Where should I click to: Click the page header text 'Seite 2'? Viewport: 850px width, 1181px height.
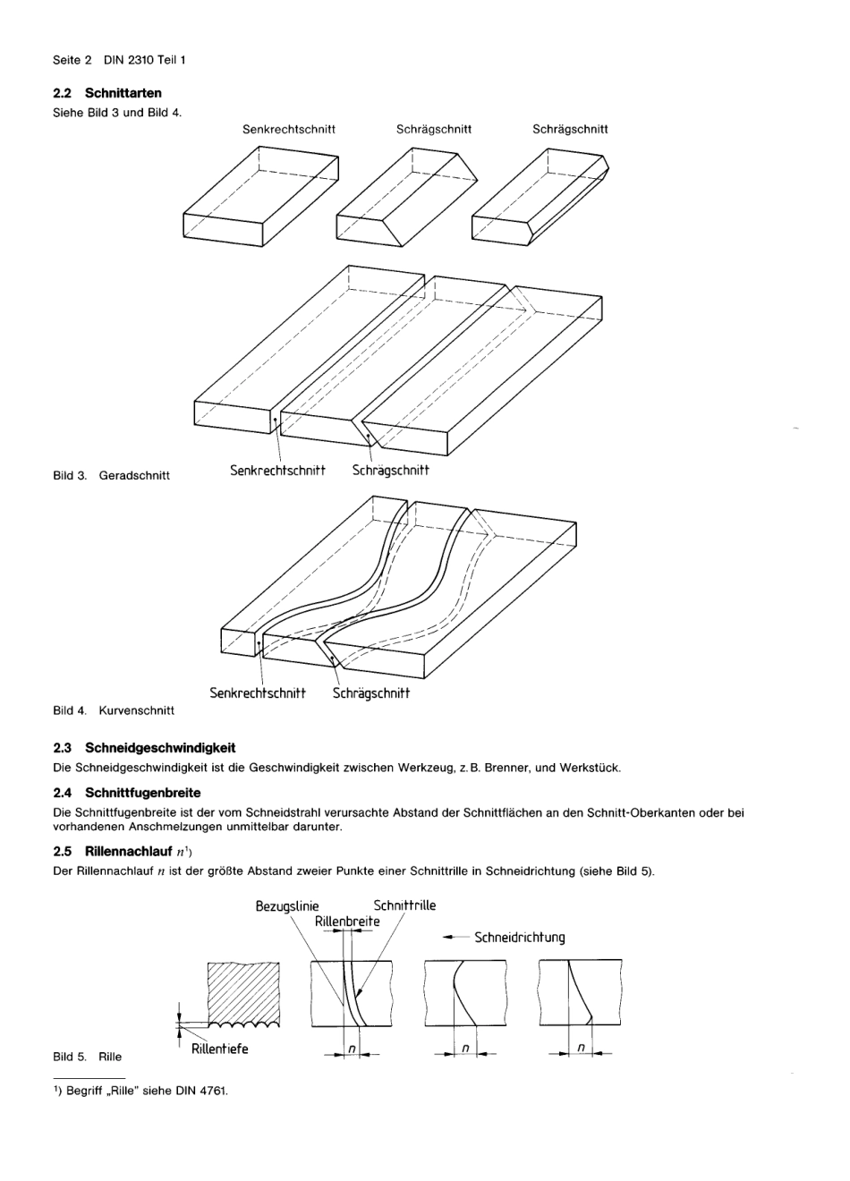72,60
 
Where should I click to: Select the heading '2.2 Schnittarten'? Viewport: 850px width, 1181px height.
107,93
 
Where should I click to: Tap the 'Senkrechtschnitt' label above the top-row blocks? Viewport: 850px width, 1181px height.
289,129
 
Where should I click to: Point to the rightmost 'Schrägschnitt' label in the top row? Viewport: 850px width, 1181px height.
570,129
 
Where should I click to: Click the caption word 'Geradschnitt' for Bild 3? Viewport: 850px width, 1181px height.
134,475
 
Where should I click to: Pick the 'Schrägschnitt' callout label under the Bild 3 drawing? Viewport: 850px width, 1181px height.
390,471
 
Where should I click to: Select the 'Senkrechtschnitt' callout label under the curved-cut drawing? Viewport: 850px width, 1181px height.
258,693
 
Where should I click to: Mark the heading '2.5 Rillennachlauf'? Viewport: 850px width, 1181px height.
114,851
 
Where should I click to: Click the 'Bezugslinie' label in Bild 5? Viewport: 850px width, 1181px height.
287,906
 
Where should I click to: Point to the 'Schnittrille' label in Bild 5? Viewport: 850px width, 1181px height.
404,905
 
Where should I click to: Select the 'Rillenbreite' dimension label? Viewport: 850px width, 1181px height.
347,922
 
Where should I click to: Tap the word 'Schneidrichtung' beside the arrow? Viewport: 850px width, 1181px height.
519,938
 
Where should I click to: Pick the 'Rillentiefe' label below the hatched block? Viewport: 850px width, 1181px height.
220,1049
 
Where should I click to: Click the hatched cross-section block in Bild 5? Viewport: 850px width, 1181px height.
243,993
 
